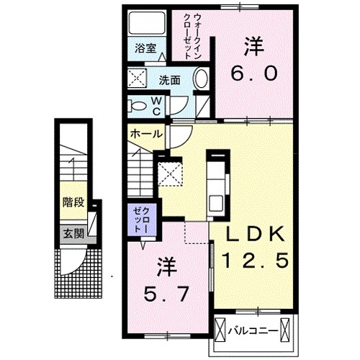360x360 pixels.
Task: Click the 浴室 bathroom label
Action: click(x=145, y=50)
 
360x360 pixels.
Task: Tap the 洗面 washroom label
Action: click(x=170, y=80)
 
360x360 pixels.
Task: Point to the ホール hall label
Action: click(x=145, y=134)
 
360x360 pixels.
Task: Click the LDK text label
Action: click(x=256, y=233)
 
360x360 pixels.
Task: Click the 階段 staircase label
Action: click(x=73, y=202)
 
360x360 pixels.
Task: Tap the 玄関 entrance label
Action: click(x=73, y=233)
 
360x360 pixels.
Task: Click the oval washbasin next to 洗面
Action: click(x=202, y=79)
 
